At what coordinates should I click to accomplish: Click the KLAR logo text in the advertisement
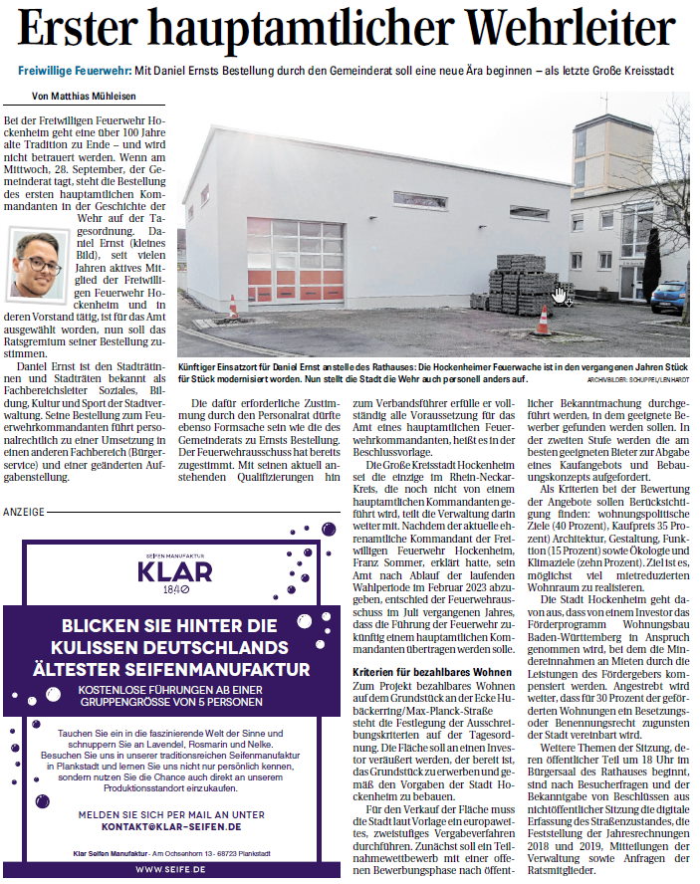(x=174, y=572)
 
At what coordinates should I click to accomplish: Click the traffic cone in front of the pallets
(x=543, y=321)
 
